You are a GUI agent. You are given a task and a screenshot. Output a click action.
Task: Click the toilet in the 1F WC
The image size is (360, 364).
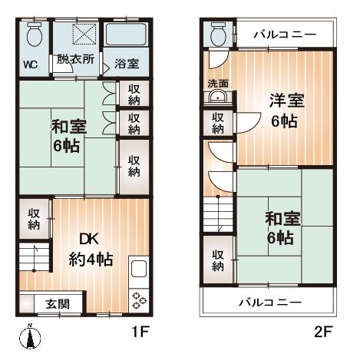pos(35,35)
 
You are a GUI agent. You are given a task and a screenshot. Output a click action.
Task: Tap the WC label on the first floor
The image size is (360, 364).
pos(31,65)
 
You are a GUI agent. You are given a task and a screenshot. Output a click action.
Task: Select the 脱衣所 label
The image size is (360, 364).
pos(75,59)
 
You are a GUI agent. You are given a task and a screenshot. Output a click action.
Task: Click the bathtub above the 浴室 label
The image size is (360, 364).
pos(127,35)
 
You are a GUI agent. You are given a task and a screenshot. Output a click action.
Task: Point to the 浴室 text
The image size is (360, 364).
pos(127,64)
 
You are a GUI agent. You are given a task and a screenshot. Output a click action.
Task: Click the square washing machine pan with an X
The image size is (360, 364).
pos(84,34)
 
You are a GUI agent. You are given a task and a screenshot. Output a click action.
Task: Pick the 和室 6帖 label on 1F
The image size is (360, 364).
pos(68,135)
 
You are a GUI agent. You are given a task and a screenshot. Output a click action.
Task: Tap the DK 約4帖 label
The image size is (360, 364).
pos(91,250)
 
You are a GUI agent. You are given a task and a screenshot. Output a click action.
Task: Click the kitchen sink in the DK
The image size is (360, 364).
pos(139,269)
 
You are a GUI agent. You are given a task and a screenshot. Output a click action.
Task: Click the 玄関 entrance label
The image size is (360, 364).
pos(58,304)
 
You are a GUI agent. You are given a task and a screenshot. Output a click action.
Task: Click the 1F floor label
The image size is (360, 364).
pos(140,332)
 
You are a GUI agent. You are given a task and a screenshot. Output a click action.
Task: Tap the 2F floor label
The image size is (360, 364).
pos(323,332)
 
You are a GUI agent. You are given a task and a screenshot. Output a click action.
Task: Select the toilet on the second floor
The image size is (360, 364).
pos(219,35)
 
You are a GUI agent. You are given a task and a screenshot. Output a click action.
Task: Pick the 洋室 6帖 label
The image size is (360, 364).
pos(286,111)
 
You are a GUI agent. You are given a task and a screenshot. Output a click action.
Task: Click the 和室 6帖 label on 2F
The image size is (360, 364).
pos(282,228)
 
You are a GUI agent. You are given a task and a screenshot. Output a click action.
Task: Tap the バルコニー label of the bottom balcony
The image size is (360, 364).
pos(270,303)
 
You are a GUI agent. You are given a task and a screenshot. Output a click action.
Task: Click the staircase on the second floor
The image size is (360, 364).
pos(218,214)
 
